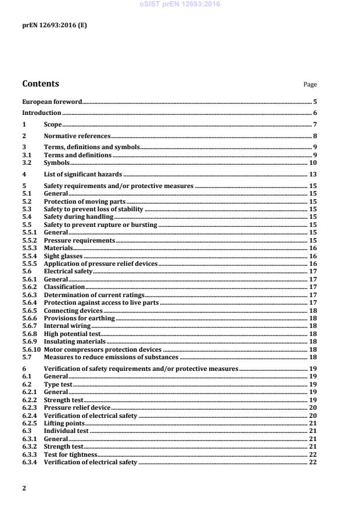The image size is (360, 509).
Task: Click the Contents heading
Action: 40,84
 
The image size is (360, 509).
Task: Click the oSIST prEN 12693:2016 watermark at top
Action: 180,4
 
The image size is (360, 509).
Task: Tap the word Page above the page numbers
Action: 310,85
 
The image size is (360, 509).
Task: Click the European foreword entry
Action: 52,102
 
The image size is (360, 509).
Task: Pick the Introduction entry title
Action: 41,113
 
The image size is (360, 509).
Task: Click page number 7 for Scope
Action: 315,125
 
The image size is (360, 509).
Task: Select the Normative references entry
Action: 77,136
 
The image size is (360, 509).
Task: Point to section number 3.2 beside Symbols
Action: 26,163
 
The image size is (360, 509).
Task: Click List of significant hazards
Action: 82,174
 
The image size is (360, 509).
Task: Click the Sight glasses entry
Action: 64,255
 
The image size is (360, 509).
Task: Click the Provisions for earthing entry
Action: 79,318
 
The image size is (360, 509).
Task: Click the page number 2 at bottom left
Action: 24,488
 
